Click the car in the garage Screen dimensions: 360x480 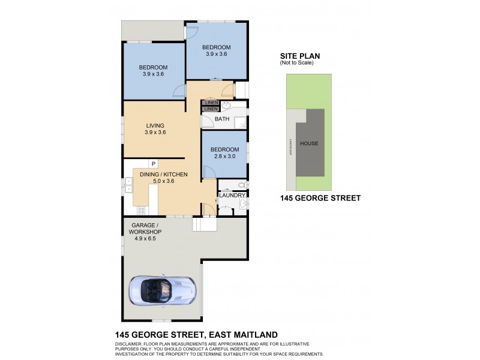pos(160,290)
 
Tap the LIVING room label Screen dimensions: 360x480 pos(155,125)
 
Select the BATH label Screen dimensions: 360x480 pos(222,119)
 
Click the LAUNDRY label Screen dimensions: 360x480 pos(232,196)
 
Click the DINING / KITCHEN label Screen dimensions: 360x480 pos(163,174)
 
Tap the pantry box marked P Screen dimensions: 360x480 pos(154,163)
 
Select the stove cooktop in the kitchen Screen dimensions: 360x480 pos(142,210)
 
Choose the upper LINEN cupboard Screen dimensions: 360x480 pos(210,103)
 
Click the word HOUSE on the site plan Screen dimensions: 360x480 pos(309,143)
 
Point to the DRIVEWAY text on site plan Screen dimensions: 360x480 pos(290,146)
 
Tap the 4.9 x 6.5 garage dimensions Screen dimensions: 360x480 pos(143,239)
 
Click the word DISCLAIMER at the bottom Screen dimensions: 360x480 pos(133,344)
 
